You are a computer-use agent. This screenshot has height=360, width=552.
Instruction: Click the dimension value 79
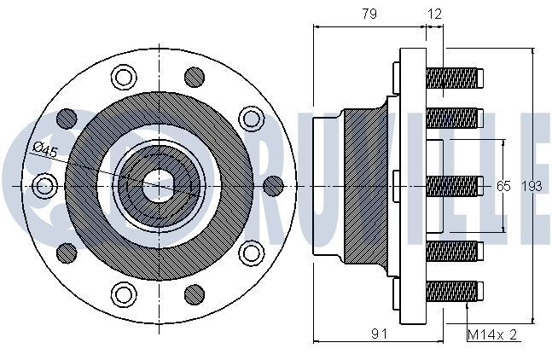[369, 15]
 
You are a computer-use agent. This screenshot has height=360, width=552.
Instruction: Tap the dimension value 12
[434, 15]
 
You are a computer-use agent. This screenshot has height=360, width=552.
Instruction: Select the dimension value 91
[379, 334]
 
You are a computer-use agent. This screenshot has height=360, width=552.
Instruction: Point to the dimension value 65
[503, 186]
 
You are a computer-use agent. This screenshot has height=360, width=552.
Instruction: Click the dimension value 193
[532, 186]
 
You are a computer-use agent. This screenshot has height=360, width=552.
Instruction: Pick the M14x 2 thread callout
[492, 334]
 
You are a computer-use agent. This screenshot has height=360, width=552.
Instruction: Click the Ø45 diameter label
[45, 150]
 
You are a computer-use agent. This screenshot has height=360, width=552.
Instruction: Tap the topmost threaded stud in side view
[455, 78]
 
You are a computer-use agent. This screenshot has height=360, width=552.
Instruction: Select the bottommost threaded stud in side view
[455, 292]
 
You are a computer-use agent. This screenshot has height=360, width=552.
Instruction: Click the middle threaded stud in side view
[455, 186]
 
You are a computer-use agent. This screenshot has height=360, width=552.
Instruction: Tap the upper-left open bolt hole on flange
[124, 78]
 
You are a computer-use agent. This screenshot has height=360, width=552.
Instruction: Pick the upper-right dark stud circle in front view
[195, 78]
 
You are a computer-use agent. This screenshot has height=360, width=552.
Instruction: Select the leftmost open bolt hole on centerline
[44, 186]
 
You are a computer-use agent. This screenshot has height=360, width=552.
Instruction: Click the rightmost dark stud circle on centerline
[273, 186]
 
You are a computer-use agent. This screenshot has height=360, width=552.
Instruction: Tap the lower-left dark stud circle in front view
[67, 253]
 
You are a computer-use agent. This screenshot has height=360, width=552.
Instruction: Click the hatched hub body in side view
[365, 186]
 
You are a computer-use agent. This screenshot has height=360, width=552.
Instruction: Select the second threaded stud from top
[455, 119]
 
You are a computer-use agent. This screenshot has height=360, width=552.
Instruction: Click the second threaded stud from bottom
[455, 251]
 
